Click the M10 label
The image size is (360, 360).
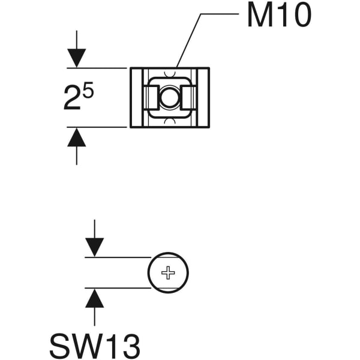(x=279, y=16)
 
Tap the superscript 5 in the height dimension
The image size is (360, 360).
(x=88, y=91)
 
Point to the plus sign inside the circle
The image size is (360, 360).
(x=169, y=273)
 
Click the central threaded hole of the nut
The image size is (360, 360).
(x=170, y=97)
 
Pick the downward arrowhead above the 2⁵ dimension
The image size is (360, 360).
(x=76, y=58)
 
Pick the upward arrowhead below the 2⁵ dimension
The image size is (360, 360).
(x=76, y=137)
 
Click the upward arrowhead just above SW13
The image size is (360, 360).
(x=94, y=298)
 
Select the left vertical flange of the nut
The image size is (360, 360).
(x=136, y=97)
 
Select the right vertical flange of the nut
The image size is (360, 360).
(x=204, y=97)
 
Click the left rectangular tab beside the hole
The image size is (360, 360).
(x=152, y=97)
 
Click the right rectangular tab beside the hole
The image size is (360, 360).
(x=188, y=97)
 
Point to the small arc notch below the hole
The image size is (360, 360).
(x=170, y=119)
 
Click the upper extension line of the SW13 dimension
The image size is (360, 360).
(x=117, y=257)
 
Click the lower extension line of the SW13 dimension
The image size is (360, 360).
(x=117, y=288)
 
